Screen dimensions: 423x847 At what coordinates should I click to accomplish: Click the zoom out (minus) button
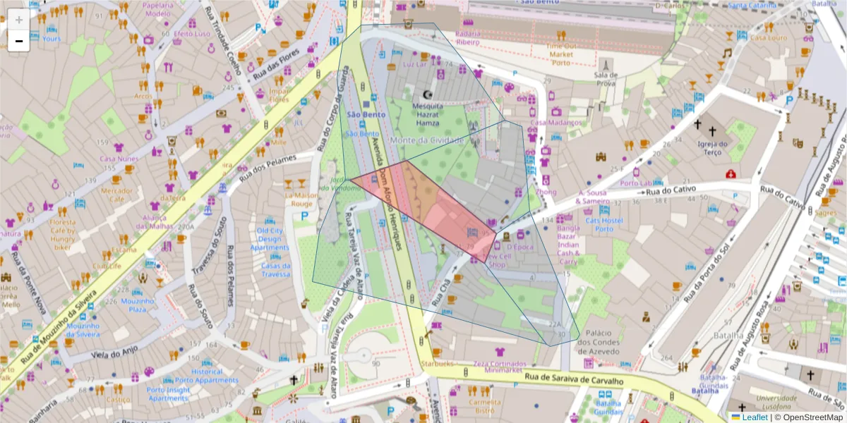coord(19,41)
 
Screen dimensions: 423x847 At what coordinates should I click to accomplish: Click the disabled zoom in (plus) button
coord(19,20)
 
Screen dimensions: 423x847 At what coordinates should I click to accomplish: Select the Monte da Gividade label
coord(431,140)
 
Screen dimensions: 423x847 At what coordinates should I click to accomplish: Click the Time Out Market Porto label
coord(560,54)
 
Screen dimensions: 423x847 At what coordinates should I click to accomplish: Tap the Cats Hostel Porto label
coord(603,224)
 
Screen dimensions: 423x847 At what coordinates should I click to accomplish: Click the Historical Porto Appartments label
coord(207,376)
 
